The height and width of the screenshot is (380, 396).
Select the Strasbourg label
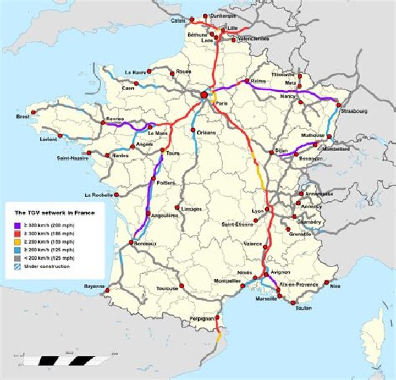click(354, 111)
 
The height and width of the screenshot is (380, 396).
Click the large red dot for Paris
click(204, 95)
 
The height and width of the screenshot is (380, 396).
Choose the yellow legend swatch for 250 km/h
click(18, 242)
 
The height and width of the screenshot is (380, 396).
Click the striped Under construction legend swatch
click(18, 267)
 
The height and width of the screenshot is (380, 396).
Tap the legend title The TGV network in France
click(54, 213)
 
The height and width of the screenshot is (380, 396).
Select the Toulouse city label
click(167, 288)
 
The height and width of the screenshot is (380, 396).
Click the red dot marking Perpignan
click(218, 317)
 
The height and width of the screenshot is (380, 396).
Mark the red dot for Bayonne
click(108, 290)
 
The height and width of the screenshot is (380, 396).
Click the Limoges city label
click(191, 209)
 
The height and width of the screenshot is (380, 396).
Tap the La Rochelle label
click(98, 195)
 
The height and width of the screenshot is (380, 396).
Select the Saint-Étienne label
click(238, 224)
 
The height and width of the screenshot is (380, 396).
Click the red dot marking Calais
click(192, 20)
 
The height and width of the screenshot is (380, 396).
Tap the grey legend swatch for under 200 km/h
click(18, 258)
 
